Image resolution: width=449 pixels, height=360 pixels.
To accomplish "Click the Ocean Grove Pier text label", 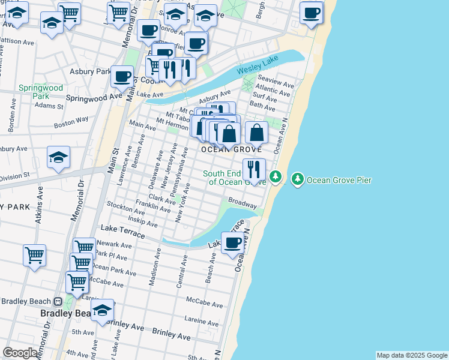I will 339,179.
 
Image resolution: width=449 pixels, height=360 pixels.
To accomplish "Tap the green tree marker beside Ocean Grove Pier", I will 298,179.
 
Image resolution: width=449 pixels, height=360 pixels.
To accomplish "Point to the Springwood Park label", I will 40,92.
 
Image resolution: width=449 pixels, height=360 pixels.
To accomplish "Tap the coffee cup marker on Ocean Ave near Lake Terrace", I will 232,243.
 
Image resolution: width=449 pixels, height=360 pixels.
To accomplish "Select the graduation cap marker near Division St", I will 59,157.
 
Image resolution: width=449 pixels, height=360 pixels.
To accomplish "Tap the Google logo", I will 20,353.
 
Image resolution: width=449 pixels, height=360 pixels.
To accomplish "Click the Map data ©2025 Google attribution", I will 411,355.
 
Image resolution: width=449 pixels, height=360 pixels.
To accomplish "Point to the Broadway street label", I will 243,203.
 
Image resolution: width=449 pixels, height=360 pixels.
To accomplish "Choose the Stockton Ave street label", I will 122,208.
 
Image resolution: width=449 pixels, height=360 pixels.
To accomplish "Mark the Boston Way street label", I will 71,123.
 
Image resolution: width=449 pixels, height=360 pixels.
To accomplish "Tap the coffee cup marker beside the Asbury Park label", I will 122,76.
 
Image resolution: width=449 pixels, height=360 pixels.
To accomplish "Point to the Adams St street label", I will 49,106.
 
